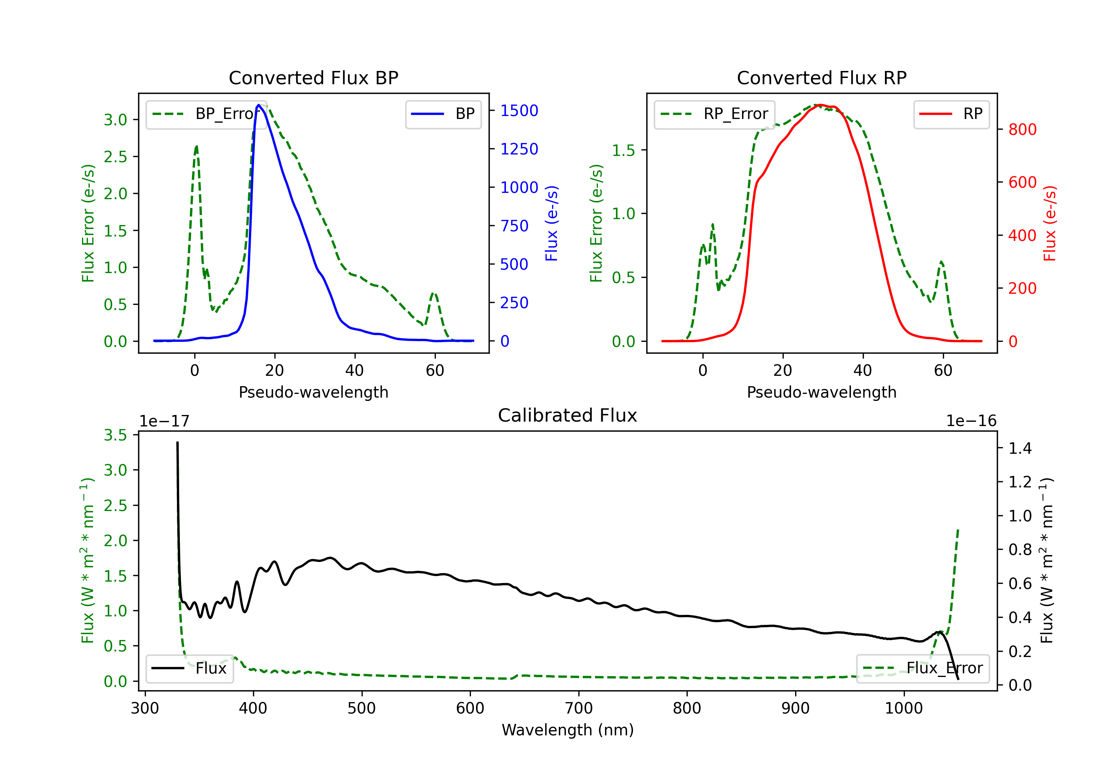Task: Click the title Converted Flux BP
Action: pos(313,78)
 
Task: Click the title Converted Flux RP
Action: pos(821,78)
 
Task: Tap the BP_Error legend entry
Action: pos(206,114)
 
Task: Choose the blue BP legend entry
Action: pos(443,114)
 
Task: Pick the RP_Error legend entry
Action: pos(714,114)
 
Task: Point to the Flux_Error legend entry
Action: pos(923,668)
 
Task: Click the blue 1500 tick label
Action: pos(519,110)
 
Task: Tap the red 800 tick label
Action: pos(1022,129)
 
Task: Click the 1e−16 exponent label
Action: pos(971,421)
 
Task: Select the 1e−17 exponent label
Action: pos(164,421)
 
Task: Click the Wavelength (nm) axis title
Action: pos(568,730)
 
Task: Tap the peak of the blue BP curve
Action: pos(259,105)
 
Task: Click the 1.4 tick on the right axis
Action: pos(1020,449)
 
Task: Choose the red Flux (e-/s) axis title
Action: pos(1050,223)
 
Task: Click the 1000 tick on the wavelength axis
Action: pos(903,708)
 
